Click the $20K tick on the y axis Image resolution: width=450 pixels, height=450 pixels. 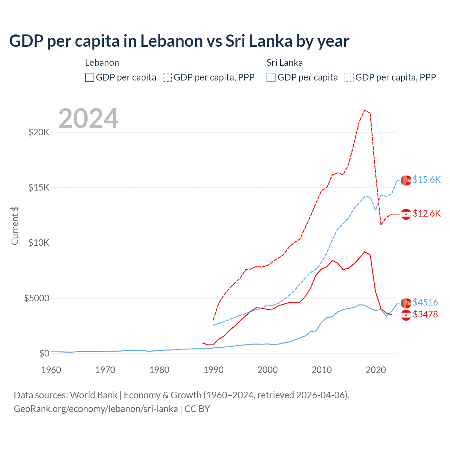[x=39, y=133]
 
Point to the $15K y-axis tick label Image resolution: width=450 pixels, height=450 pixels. [x=39, y=188]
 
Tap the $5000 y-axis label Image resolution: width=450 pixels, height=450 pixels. [x=37, y=298]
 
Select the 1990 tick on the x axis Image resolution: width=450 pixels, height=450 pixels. [x=213, y=370]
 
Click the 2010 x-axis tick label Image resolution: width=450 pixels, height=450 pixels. [x=322, y=370]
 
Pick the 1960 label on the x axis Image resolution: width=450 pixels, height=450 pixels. [x=51, y=370]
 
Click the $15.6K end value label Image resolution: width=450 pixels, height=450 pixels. [x=426, y=180]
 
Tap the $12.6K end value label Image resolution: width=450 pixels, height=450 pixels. [x=426, y=213]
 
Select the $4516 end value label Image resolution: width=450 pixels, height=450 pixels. [x=425, y=302]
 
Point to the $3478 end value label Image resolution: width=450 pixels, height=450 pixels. [x=425, y=314]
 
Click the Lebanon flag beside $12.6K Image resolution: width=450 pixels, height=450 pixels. [x=406, y=214]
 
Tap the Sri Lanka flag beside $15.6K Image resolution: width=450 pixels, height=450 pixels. [x=406, y=180]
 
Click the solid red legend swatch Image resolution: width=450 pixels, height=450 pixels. [x=90, y=77]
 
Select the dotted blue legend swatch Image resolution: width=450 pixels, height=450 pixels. [x=349, y=77]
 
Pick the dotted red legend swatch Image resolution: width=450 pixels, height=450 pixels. [x=167, y=77]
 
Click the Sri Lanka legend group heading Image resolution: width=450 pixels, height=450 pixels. [x=284, y=63]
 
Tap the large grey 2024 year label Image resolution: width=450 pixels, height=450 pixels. [x=88, y=118]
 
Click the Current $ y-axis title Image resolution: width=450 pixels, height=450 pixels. [x=15, y=225]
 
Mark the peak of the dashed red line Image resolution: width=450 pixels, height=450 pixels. [x=365, y=110]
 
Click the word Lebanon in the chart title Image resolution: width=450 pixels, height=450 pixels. [x=172, y=41]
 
